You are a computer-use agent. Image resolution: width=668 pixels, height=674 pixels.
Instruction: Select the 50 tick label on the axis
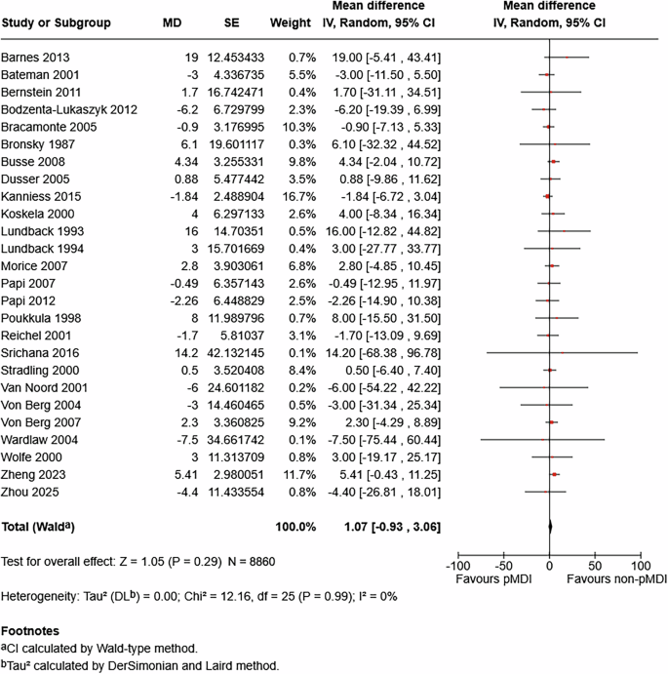(596, 566)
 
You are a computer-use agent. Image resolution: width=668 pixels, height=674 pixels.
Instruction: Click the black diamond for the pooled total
(550, 527)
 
